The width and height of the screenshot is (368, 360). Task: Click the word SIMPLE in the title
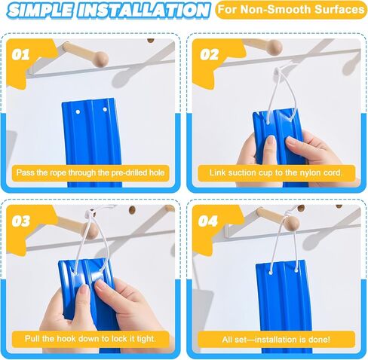(x=41, y=11)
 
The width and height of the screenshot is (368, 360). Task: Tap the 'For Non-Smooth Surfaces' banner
(x=291, y=10)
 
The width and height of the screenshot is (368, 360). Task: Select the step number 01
(x=20, y=54)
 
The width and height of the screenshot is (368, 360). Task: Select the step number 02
(x=209, y=54)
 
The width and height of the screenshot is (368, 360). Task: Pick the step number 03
(x=21, y=221)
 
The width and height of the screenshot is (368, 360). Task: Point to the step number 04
(x=208, y=221)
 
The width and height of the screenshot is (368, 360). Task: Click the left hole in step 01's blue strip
(x=78, y=111)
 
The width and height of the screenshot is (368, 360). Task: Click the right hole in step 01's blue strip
(x=105, y=109)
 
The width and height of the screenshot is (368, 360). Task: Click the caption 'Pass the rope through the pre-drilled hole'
(x=90, y=172)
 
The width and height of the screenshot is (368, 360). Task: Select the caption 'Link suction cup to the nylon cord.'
(x=276, y=172)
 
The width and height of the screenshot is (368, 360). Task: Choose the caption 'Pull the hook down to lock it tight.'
(x=90, y=339)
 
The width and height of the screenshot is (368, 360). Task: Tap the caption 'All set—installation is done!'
(x=276, y=340)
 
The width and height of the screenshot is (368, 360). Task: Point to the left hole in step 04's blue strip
(x=271, y=272)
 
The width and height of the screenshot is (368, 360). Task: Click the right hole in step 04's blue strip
(x=296, y=270)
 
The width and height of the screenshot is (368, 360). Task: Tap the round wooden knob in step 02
(x=274, y=47)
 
